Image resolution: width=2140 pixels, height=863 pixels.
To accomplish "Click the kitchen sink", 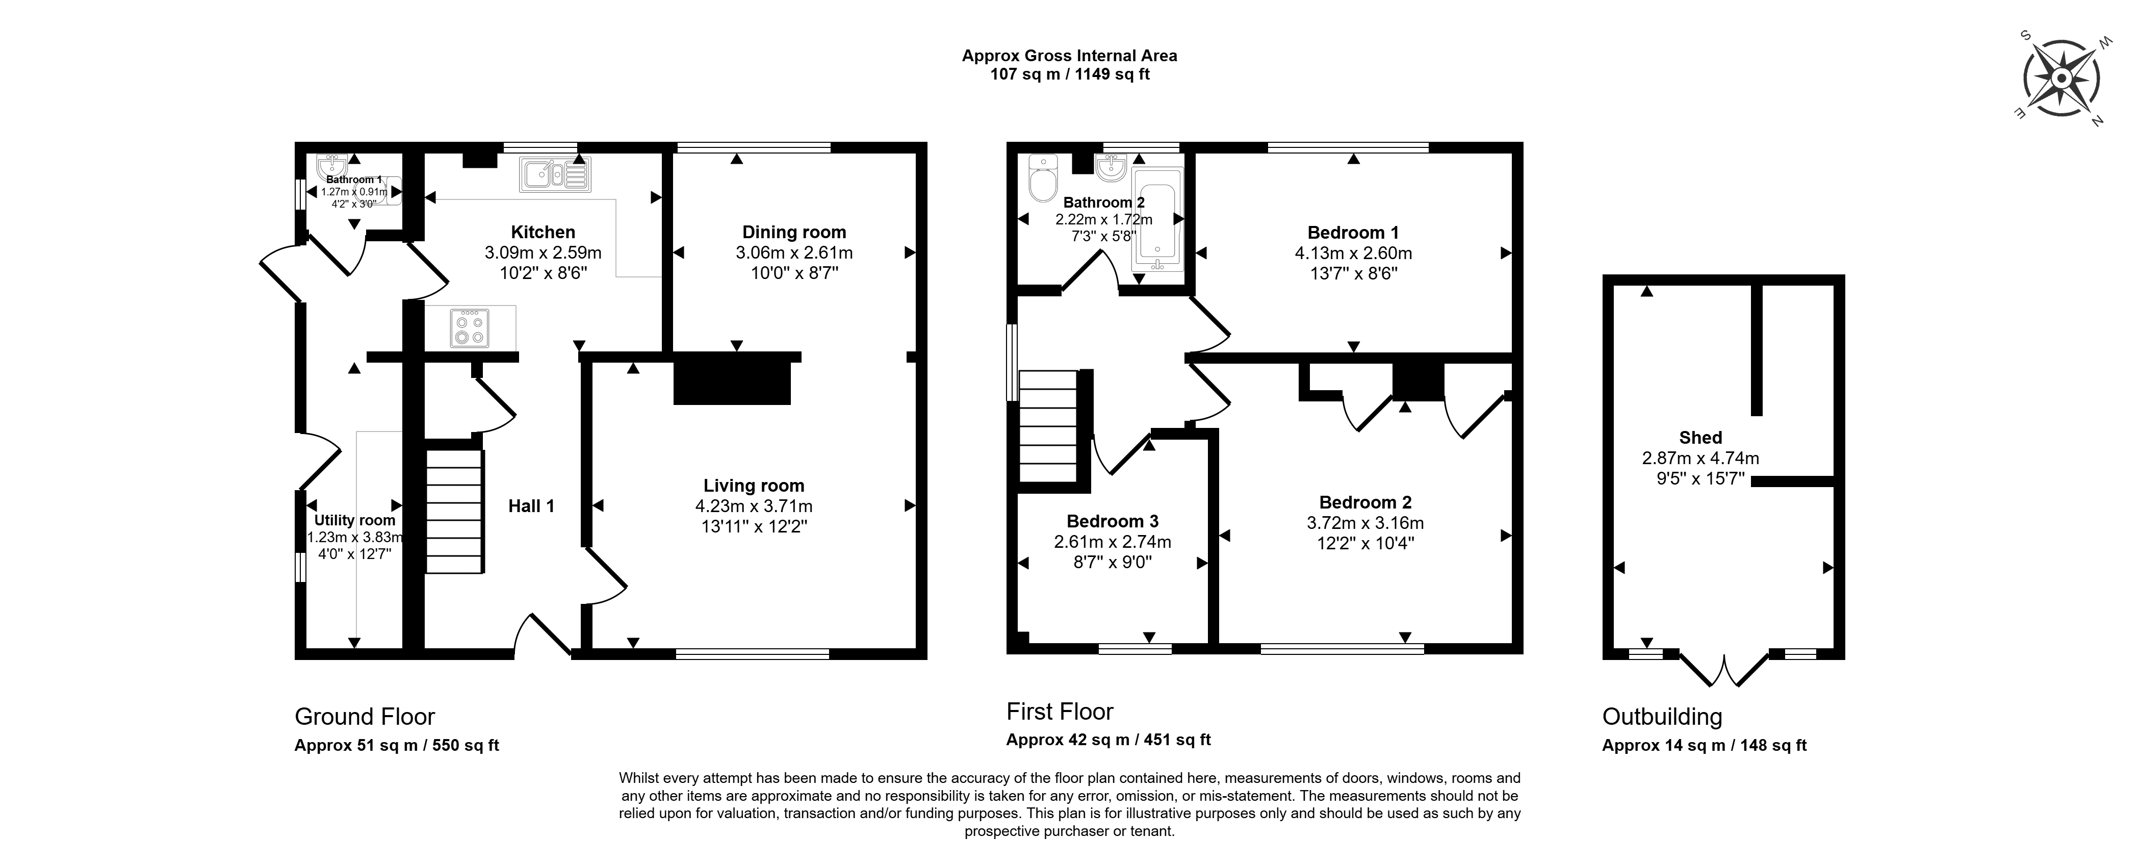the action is click(x=555, y=173).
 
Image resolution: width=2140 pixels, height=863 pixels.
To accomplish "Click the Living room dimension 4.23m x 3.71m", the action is click(x=754, y=506).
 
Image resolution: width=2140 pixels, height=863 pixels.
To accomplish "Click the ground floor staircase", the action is click(x=454, y=511).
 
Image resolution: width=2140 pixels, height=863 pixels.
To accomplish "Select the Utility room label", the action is click(x=355, y=520).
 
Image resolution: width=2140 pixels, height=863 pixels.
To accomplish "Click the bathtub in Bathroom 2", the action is click(x=1158, y=220).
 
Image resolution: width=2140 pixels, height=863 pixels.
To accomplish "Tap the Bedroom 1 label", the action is click(x=1352, y=233).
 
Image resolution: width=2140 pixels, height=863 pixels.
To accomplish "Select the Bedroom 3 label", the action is click(x=1113, y=522).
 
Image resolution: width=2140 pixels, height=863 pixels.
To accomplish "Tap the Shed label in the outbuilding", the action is click(x=1700, y=438).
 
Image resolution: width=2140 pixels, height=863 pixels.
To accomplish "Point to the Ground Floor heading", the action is click(x=365, y=717).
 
